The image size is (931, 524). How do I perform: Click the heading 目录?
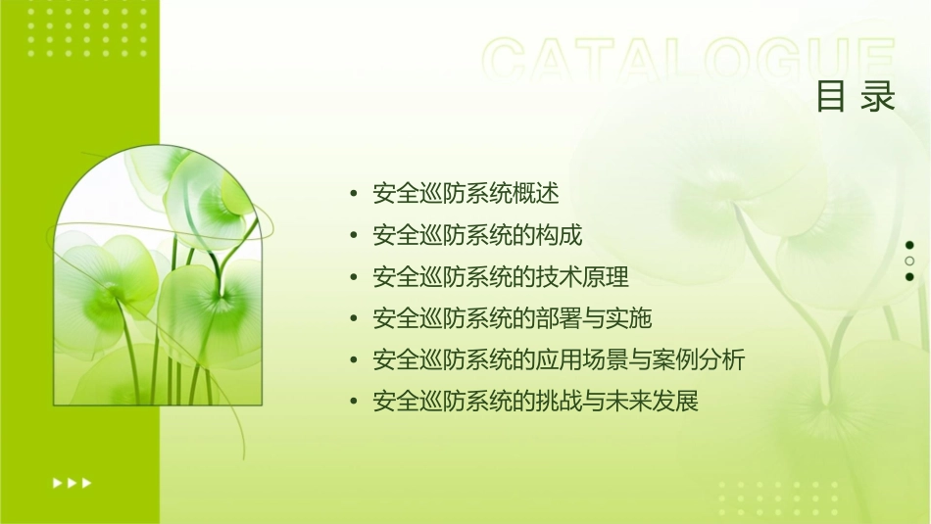click(x=856, y=97)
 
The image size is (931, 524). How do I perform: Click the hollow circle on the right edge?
click(x=909, y=262)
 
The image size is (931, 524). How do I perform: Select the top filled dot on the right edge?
click(x=909, y=245)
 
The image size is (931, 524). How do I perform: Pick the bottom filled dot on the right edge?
click(x=909, y=277)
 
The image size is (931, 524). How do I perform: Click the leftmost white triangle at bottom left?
click(x=57, y=482)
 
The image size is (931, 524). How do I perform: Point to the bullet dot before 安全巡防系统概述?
click(x=354, y=194)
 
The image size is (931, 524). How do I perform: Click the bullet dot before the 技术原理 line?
click(x=354, y=277)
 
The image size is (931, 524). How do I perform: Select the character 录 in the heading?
click(x=879, y=97)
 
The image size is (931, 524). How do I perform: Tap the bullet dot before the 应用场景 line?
click(x=354, y=360)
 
